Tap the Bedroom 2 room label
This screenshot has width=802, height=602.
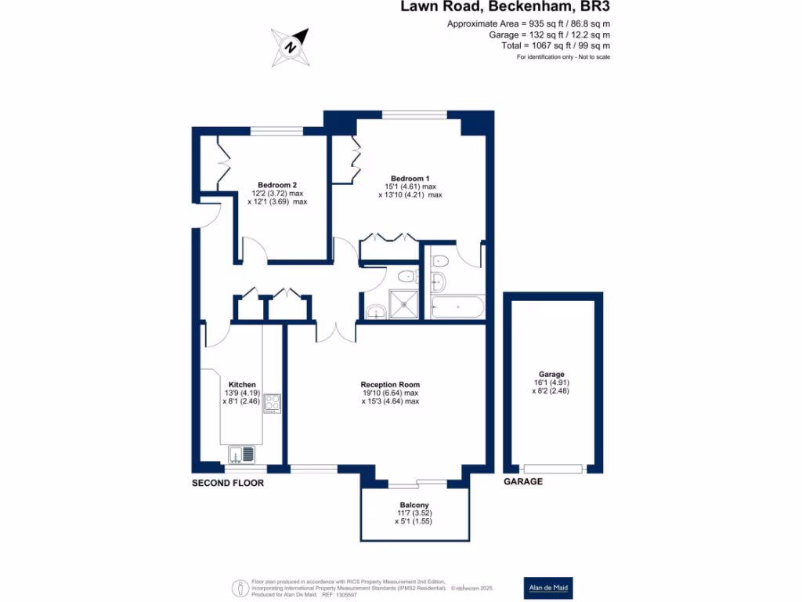(277, 185)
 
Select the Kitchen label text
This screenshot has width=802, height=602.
(242, 384)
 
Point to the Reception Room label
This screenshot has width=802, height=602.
(390, 385)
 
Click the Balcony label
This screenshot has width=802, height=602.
(414, 505)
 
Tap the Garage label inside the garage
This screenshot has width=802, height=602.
(551, 375)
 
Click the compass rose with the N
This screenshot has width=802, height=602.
(291, 46)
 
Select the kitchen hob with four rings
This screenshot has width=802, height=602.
(273, 402)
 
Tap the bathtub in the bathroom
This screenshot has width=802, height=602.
(457, 306)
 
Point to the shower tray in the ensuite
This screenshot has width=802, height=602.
(404, 305)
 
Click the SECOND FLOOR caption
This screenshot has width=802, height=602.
(228, 484)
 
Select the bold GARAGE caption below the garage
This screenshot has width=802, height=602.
(522, 481)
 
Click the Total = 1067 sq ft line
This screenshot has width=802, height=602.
(556, 46)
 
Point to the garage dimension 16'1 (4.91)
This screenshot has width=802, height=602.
(551, 384)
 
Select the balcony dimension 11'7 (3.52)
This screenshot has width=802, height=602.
(414, 513)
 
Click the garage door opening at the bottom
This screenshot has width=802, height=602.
(553, 469)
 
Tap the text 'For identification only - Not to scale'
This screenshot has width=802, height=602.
(563, 58)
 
